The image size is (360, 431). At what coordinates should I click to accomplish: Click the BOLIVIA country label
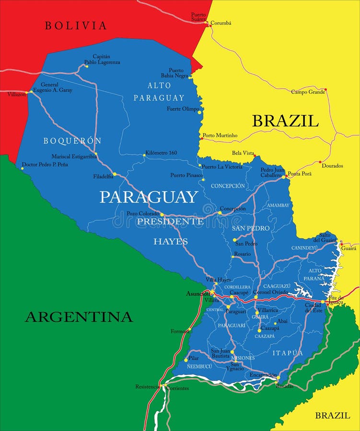(x=75, y=26)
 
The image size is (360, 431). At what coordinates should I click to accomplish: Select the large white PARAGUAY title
(x=149, y=197)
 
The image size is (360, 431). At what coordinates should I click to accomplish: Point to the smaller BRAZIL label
(x=332, y=416)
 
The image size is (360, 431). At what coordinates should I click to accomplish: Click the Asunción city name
(x=197, y=294)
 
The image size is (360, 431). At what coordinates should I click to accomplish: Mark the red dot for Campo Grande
(x=325, y=90)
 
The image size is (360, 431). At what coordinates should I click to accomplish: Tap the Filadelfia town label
(x=103, y=176)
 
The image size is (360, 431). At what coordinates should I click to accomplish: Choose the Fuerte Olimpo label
(x=183, y=109)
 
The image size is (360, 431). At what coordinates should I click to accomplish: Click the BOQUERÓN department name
(x=72, y=141)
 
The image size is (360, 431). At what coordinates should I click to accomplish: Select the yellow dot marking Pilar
(x=186, y=360)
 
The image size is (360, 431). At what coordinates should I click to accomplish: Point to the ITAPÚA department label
(x=288, y=353)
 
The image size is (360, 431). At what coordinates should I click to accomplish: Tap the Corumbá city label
(x=221, y=23)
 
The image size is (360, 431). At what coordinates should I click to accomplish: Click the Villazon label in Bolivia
(x=16, y=94)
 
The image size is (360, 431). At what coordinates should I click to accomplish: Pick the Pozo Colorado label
(x=143, y=214)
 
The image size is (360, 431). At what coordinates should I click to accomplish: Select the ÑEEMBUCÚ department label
(x=199, y=366)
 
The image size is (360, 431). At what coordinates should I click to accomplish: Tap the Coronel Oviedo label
(x=270, y=292)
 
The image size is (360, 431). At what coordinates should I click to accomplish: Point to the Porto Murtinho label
(x=220, y=136)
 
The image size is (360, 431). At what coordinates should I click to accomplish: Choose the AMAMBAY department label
(x=278, y=205)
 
